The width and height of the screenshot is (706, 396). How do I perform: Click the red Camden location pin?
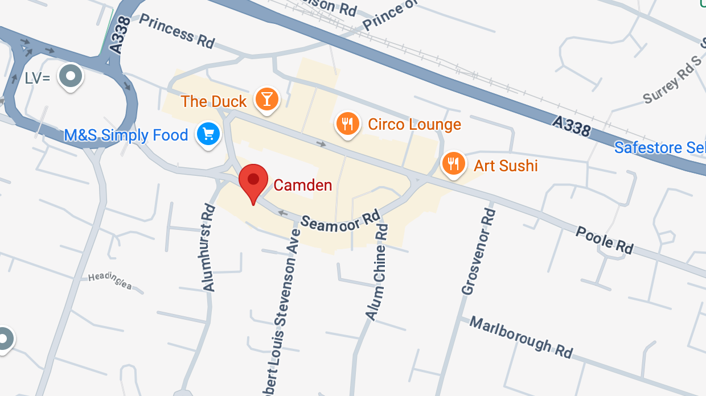click(253, 180)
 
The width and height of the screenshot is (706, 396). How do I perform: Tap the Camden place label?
click(302, 185)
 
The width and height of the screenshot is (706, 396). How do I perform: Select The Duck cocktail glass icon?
click(266, 99)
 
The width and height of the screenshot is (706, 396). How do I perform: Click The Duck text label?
click(214, 102)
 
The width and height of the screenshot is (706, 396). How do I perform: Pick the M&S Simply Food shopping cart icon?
click(208, 134)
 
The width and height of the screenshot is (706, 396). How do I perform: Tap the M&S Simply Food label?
click(126, 135)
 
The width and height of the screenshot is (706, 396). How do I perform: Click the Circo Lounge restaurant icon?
click(347, 123)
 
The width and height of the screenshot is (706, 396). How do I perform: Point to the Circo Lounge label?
click(414, 124)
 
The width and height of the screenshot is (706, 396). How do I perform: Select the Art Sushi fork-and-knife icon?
click(453, 164)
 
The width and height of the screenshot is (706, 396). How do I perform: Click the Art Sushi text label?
click(506, 166)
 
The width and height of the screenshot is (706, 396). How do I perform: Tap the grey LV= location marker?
click(71, 76)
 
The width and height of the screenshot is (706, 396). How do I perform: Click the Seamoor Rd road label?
click(340, 220)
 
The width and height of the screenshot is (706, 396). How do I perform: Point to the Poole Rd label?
click(604, 240)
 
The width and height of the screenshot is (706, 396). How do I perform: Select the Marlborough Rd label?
click(520, 337)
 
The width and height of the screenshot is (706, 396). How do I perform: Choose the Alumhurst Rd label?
click(208, 248)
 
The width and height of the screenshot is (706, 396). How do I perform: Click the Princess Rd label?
click(176, 31)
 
